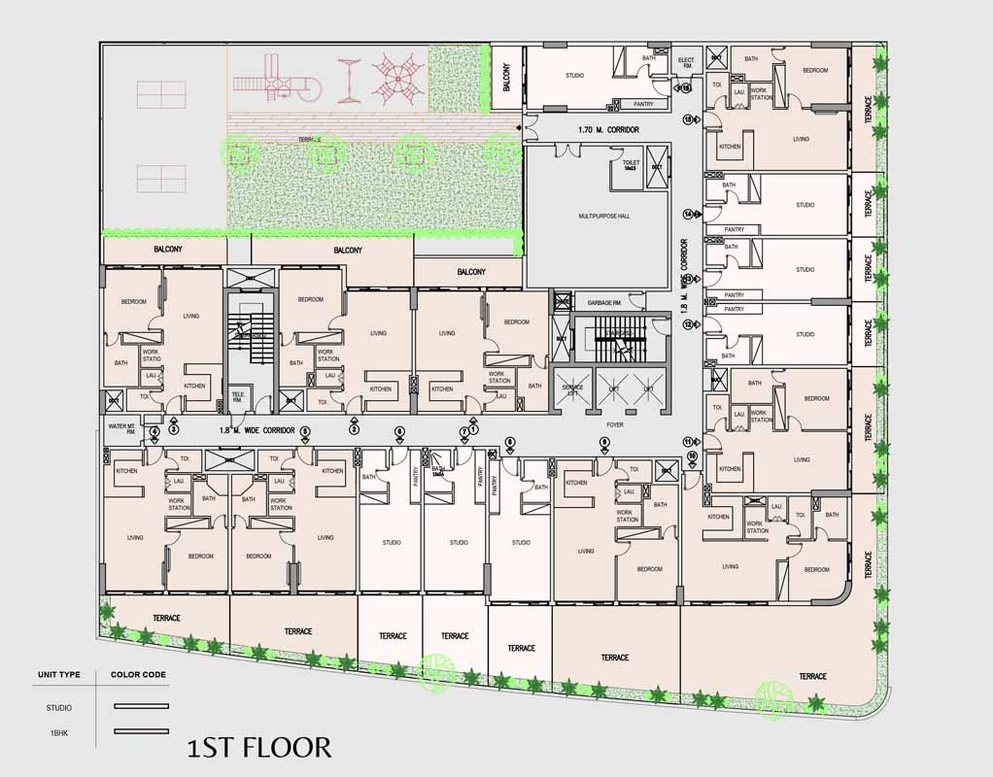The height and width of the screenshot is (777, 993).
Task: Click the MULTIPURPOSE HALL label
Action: coord(603,216)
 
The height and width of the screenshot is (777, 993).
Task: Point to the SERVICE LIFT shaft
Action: coord(572,388)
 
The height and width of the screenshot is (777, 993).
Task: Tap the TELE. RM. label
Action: coord(238,396)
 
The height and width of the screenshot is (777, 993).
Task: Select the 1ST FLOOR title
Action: coord(259,747)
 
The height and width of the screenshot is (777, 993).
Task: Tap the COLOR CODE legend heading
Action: coord(138,674)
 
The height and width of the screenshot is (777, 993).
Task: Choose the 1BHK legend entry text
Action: coord(58,731)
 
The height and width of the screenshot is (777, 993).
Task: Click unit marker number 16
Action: coord(686,88)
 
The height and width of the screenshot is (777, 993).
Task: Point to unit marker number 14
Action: coord(688,214)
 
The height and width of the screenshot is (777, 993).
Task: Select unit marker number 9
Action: coord(603,442)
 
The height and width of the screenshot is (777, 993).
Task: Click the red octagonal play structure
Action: coord(398,79)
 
